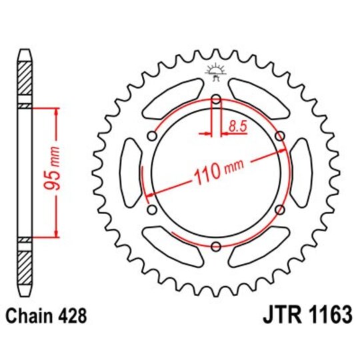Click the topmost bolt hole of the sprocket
215,100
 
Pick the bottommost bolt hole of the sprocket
215,247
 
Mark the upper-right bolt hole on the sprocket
279,137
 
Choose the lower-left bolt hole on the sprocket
152,210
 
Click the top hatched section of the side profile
25,79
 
